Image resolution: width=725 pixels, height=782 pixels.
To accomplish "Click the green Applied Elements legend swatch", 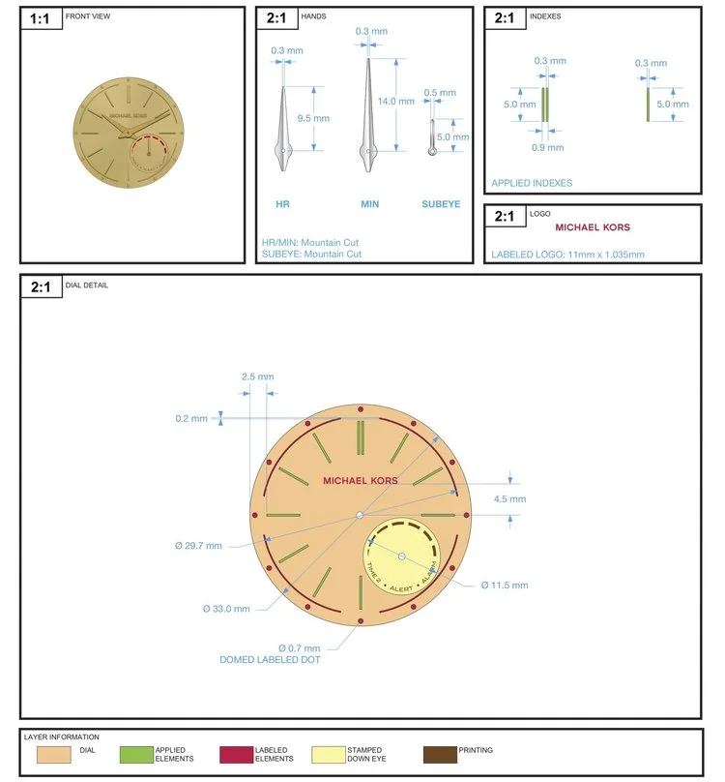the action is point(136,755).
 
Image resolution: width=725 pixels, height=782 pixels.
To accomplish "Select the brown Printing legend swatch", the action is point(440,755).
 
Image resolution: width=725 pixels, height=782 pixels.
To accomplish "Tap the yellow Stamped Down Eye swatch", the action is point(329,755).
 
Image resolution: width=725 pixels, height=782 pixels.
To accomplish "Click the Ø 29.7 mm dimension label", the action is point(198,546).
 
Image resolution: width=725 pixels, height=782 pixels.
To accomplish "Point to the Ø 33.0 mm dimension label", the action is point(226,609).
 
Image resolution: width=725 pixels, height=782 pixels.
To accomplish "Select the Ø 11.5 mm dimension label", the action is point(505,586).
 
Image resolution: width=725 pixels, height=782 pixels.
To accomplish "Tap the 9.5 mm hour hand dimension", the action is point(313,118).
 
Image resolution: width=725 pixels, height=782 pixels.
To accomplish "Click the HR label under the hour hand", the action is point(282,204).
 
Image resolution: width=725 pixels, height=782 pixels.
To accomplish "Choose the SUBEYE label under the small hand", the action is point(441,204).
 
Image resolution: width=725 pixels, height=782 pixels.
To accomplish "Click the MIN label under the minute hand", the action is point(369,204).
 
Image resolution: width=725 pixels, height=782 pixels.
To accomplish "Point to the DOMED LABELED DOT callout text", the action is point(270,660).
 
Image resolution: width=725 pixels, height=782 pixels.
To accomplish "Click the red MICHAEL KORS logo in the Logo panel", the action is point(593,227).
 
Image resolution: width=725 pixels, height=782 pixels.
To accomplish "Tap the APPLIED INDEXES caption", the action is point(532,183).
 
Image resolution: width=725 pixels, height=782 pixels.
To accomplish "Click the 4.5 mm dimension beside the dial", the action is point(509,499).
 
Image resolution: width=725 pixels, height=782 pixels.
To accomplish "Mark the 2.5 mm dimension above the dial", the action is point(257,376).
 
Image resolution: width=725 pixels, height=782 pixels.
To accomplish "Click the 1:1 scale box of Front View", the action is point(42,18).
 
